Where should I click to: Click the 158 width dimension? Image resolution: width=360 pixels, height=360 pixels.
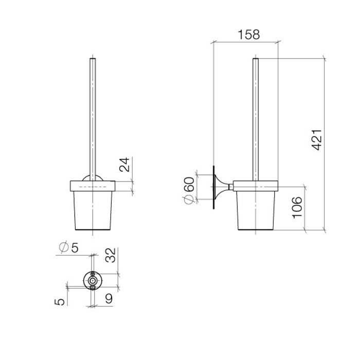click(x=249, y=35)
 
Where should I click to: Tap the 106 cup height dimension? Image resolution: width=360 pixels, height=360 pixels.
click(x=297, y=207)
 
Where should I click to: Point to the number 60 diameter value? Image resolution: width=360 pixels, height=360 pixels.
click(x=189, y=185)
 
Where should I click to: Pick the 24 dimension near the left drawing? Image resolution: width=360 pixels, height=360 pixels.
click(x=123, y=165)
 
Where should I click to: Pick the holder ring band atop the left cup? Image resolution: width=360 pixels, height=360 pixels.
click(x=93, y=186)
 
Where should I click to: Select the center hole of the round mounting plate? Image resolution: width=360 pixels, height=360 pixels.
click(x=93, y=282)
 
